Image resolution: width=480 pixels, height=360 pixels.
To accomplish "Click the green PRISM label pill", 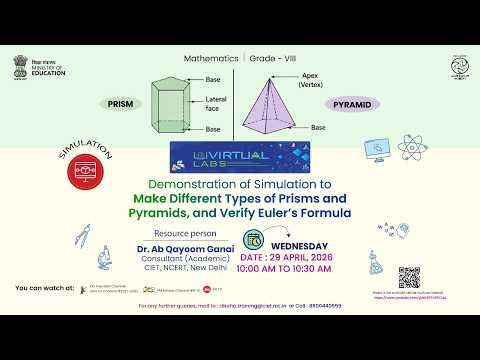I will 121,103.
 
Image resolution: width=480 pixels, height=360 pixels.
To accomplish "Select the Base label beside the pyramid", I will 317,127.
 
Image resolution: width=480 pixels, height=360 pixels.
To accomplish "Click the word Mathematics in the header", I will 211,58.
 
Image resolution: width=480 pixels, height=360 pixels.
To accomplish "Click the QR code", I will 408,278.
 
